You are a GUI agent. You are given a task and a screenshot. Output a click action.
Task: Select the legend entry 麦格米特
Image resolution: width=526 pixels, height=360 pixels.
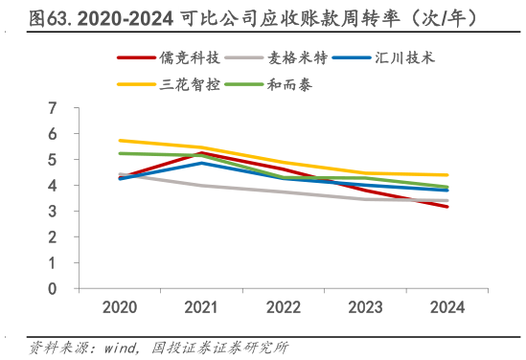tap(296, 58)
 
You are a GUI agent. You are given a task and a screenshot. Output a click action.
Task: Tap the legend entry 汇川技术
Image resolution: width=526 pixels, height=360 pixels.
tap(400, 58)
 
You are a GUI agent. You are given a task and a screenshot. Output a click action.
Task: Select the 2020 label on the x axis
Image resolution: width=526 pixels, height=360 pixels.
tap(120, 308)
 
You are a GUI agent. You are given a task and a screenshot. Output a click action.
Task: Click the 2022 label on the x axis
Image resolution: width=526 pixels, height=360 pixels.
tap(283, 308)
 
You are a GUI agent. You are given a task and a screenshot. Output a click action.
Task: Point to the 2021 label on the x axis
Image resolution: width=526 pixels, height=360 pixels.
tap(201, 308)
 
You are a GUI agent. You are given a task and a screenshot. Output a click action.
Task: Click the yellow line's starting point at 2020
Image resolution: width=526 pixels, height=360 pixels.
tap(120, 141)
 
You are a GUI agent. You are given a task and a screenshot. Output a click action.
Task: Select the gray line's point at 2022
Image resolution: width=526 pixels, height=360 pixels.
tap(283, 191)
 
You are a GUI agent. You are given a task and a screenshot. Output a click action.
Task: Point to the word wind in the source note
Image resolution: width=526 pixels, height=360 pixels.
tap(123, 346)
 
